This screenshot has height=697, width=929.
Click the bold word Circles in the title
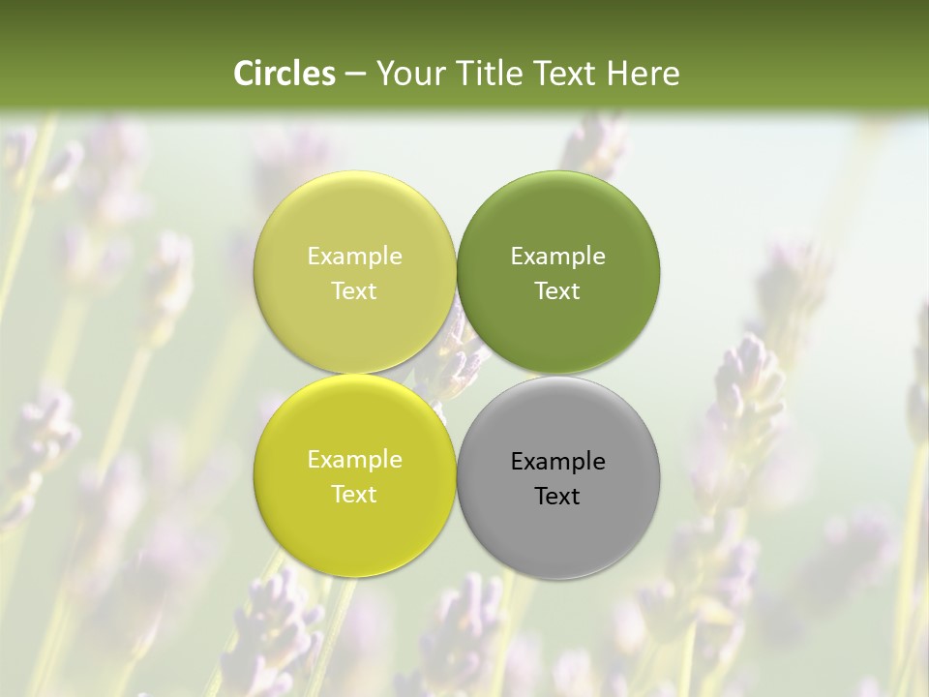pos(284,74)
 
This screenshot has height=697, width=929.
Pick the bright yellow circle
pos(354,523)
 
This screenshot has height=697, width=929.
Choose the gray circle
pos(558,528)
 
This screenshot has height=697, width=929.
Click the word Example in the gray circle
pos(558,462)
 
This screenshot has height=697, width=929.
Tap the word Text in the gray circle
pos(557,497)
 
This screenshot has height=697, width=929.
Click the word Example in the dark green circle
pos(558,257)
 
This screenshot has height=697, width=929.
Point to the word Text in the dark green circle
pos(557,291)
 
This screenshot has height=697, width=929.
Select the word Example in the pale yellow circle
pos(354,257)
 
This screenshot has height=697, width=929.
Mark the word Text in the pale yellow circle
pos(354,291)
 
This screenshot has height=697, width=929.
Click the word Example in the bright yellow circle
pos(354,460)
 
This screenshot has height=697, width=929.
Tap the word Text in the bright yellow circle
pos(354,495)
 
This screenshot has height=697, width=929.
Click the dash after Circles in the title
pos(354,75)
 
